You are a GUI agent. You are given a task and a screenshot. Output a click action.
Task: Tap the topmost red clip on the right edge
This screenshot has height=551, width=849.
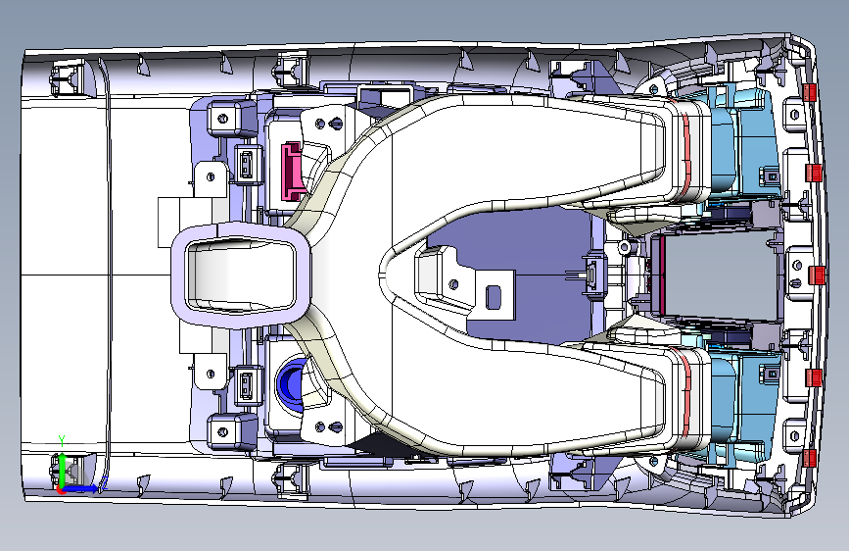810,92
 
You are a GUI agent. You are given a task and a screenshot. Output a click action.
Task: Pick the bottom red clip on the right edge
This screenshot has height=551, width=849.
810,459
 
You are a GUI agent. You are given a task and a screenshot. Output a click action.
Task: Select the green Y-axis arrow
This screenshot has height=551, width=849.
62,465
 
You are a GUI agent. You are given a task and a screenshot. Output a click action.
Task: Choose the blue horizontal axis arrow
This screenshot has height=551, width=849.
82,486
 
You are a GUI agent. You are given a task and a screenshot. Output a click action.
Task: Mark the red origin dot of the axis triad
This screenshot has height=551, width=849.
62,489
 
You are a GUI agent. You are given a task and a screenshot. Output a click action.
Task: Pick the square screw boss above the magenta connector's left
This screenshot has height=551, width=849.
224,119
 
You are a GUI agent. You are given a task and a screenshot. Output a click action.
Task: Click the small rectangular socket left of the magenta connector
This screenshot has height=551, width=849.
245,165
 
